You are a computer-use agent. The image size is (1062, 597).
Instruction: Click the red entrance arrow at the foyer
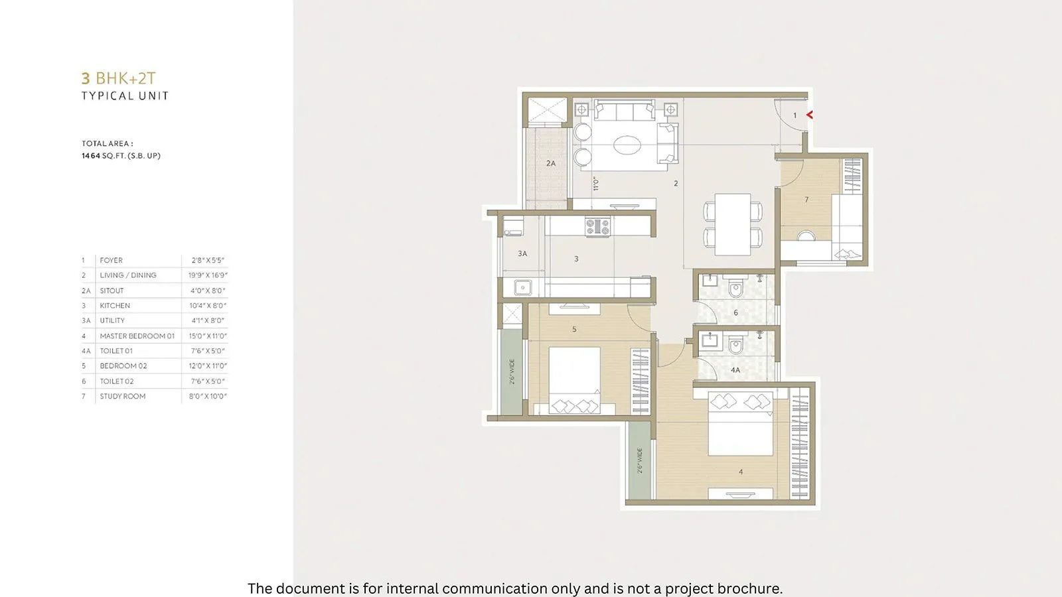(x=809, y=115)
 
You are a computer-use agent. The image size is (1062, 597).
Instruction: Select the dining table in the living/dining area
(x=733, y=224)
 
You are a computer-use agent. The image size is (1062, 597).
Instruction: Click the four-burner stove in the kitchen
(x=597, y=227)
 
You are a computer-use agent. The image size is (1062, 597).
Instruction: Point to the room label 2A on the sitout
(x=551, y=163)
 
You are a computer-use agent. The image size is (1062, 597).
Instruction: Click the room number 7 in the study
(x=806, y=200)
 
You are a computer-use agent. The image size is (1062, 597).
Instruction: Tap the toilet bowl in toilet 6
(x=735, y=289)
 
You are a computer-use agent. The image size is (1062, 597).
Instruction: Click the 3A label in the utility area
(x=522, y=253)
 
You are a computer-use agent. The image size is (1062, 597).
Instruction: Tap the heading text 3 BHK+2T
(x=119, y=78)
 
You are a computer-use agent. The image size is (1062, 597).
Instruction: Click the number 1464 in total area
(x=90, y=156)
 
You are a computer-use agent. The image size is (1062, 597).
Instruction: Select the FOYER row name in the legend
(x=112, y=260)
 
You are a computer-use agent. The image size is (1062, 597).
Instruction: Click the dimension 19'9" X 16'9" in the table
(x=208, y=275)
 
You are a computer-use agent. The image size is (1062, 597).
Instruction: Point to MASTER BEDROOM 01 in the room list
(x=137, y=336)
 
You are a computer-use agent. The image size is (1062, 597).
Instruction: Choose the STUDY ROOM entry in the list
(x=123, y=397)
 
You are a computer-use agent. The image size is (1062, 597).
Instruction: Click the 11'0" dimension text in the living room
(x=596, y=184)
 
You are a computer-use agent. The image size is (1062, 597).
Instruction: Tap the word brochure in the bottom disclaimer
(x=749, y=588)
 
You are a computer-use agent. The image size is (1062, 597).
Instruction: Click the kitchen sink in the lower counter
(x=523, y=288)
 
